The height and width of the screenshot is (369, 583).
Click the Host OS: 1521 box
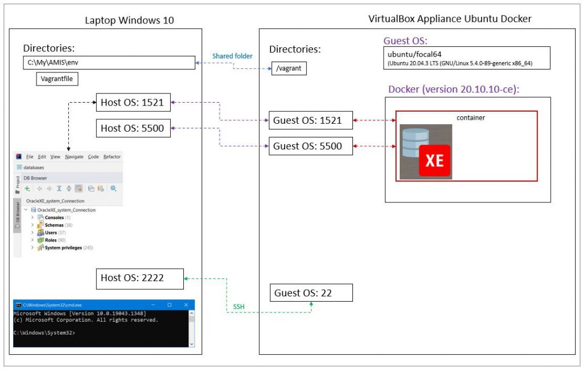pos(133,103)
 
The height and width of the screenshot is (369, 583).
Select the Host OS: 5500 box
pos(133,128)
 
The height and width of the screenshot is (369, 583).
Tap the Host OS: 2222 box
pos(140,278)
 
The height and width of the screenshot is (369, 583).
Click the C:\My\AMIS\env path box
pos(109,62)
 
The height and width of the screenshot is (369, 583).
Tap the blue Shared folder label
pos(232,56)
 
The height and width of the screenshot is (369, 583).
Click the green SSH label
pos(239,307)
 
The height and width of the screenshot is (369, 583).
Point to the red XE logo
pos(434,160)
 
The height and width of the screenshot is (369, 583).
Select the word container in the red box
pos(470,117)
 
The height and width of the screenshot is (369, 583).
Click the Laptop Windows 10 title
pos(129,20)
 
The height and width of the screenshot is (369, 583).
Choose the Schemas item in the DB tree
pos(54,225)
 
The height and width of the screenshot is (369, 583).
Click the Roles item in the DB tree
pos(51,240)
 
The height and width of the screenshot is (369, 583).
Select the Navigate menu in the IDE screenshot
pos(74,156)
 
